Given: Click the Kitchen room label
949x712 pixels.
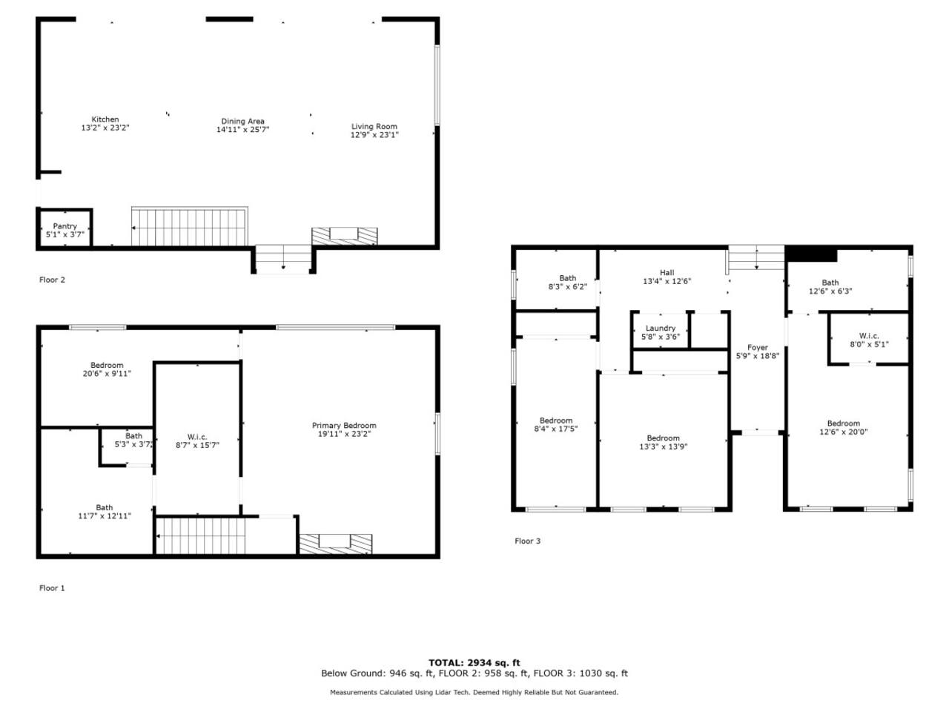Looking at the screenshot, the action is click(x=105, y=119).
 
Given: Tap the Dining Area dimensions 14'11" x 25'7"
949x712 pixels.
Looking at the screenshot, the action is click(x=242, y=129).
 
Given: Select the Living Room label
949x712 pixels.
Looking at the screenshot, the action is click(x=374, y=126).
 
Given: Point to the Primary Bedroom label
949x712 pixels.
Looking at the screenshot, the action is click(x=344, y=426).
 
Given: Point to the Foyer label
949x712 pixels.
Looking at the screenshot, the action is click(x=758, y=348).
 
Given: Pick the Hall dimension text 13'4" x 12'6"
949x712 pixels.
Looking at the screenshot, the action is click(x=667, y=281).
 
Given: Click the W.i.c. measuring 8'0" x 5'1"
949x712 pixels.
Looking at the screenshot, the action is click(x=869, y=340).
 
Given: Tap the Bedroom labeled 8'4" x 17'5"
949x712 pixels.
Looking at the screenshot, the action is click(x=556, y=424).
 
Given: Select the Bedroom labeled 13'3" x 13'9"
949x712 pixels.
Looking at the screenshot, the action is click(x=664, y=442).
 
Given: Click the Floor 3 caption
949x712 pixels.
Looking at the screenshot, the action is click(x=527, y=541).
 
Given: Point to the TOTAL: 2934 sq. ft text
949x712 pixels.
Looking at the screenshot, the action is click(x=474, y=663).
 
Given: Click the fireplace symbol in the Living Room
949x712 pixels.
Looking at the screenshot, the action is click(x=345, y=236).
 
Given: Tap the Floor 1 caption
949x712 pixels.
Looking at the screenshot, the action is click(x=52, y=588).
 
